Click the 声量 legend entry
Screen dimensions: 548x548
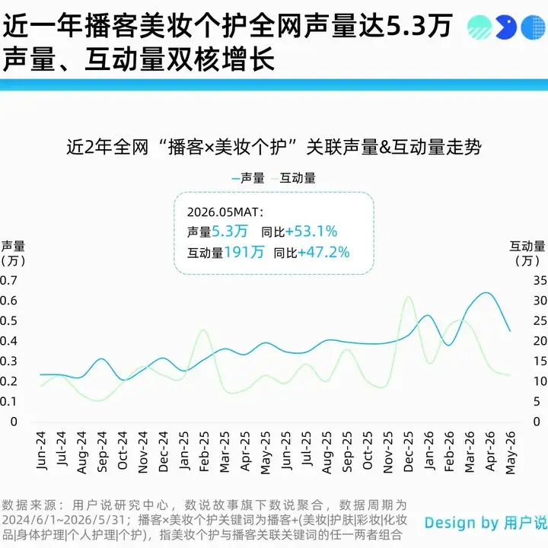(248, 178)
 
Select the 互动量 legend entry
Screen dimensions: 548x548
(294, 178)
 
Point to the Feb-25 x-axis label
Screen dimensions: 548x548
(204, 451)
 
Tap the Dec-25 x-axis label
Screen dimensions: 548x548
(408, 451)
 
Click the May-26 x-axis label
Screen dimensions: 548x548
(510, 453)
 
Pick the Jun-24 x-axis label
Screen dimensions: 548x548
(41, 451)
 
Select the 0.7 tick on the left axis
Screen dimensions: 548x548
(8, 280)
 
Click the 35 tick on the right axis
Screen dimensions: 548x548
(540, 280)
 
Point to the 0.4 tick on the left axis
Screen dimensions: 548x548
(8, 341)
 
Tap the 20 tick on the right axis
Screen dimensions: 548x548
(540, 341)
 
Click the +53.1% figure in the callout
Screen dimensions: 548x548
(311, 231)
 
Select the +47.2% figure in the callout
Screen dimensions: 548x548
(323, 253)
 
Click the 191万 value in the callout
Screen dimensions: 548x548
(244, 253)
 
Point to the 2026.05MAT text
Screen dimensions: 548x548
(225, 212)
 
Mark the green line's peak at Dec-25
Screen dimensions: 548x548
(408, 297)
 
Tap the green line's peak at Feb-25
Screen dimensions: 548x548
(203, 330)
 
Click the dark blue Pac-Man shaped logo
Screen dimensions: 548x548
(505, 27)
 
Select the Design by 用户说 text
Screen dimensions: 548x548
(486, 523)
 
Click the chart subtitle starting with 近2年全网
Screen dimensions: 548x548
(274, 147)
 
